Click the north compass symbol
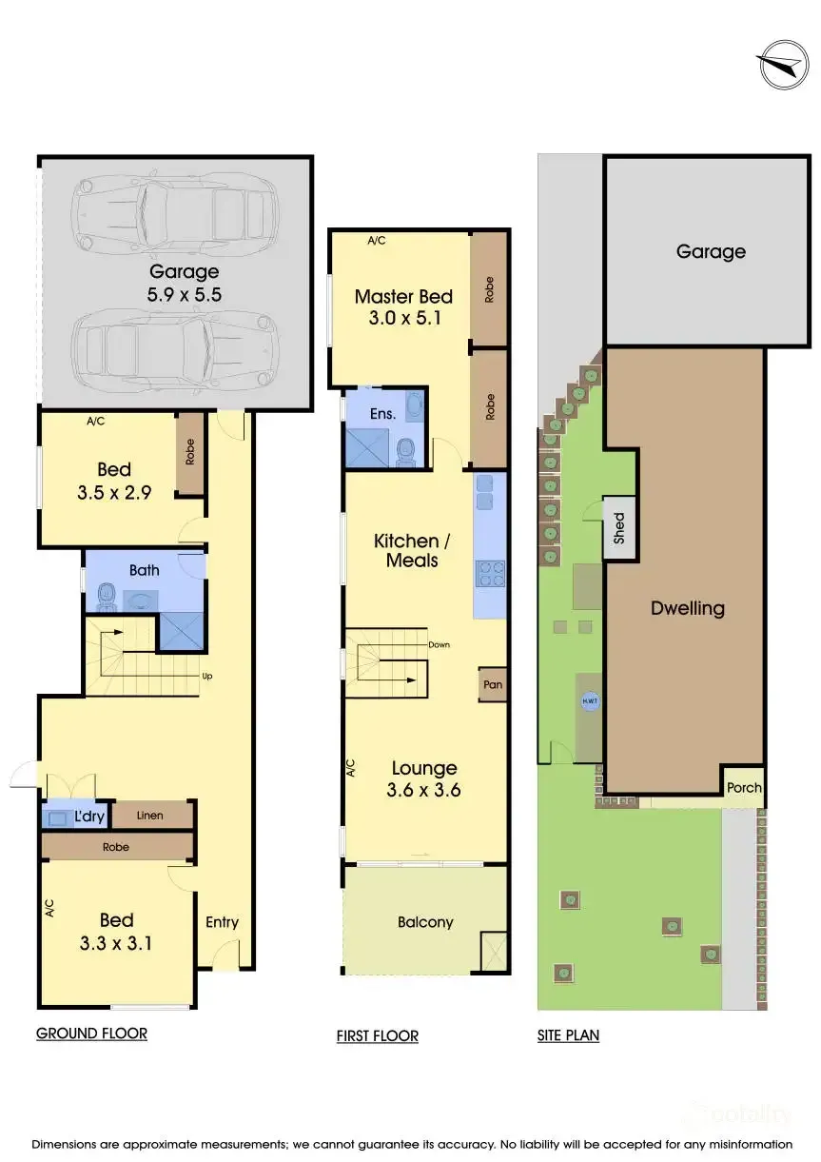pyautogui.click(x=784, y=65)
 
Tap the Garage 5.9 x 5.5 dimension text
pyautogui.click(x=185, y=295)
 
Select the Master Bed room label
pyautogui.click(x=403, y=297)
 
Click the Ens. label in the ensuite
pyautogui.click(x=382, y=413)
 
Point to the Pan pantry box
pyautogui.click(x=492, y=685)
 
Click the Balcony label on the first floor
pyautogui.click(x=425, y=922)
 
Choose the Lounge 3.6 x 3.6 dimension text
pyautogui.click(x=423, y=790)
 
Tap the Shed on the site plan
pyautogui.click(x=618, y=527)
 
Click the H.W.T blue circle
pyautogui.click(x=590, y=700)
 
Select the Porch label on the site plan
pyautogui.click(x=744, y=787)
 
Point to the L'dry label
pyautogui.click(x=89, y=817)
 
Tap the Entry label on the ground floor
pyautogui.click(x=222, y=922)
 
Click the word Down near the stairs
pyautogui.click(x=439, y=645)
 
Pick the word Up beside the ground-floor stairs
pyautogui.click(x=207, y=677)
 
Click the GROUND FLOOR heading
pyautogui.click(x=91, y=1034)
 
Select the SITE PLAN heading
pyautogui.click(x=569, y=1035)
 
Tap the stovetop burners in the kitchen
pyautogui.click(x=490, y=574)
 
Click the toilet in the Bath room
pyautogui.click(x=107, y=596)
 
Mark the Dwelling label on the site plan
pyautogui.click(x=687, y=608)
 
